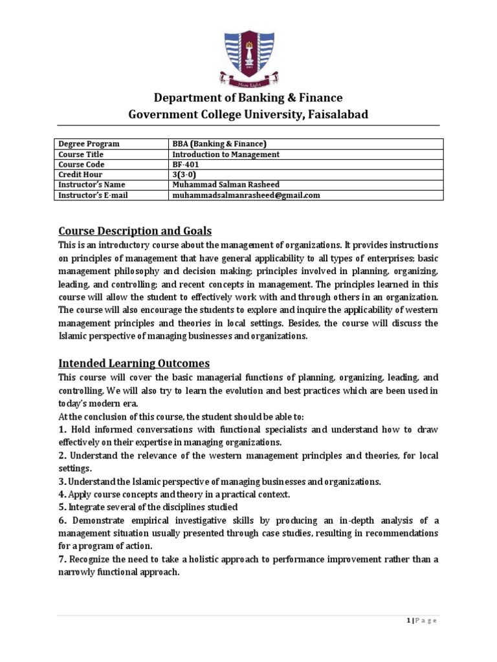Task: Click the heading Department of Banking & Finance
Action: pos(248,98)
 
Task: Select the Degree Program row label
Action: pos(89,144)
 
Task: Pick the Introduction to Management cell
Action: pos(225,155)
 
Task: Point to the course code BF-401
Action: pos(186,165)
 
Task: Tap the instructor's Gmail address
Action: pos(246,195)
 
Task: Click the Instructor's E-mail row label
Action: pos(93,195)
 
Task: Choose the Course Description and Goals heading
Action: pos(135,231)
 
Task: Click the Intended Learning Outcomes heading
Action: pos(134,363)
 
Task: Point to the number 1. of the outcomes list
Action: pos(63,429)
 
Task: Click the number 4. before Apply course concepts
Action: pos(63,494)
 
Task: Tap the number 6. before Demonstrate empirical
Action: pos(63,520)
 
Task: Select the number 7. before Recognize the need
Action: pos(63,559)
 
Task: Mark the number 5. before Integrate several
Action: pos(63,507)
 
